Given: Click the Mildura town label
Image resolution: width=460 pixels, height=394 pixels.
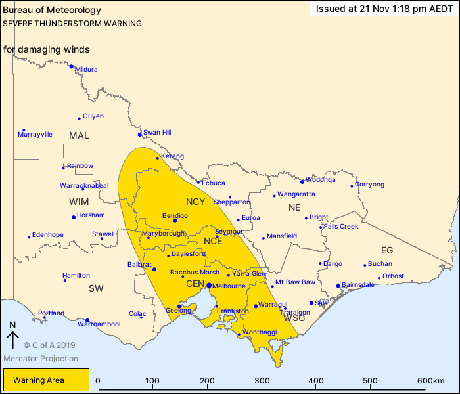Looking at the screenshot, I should point(86,70).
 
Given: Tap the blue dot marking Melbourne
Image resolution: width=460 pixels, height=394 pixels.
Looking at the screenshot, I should point(208,285).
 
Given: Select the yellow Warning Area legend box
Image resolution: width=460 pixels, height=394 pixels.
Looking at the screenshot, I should point(46,380).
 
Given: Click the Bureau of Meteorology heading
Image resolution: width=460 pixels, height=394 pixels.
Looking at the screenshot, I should point(52,11).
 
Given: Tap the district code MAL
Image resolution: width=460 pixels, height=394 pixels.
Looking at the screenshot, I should point(79,135).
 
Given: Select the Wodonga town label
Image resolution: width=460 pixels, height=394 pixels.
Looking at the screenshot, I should point(321,180).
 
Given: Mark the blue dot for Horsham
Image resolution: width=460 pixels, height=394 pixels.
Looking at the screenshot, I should point(74,217).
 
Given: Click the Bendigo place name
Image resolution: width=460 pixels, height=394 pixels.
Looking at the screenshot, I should point(175,216).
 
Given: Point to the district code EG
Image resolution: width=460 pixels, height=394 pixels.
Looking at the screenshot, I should point(387,250).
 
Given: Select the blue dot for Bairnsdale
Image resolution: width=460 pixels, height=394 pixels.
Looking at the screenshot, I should point(338,286).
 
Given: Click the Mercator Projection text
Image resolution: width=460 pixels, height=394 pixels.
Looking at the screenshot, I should point(41,359).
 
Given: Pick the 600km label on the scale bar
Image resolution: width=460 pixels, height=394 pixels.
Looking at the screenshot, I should point(430,381).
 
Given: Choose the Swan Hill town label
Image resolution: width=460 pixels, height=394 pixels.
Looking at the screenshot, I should point(157,133).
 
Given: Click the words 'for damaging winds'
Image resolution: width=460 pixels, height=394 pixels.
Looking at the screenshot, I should point(46,50).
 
